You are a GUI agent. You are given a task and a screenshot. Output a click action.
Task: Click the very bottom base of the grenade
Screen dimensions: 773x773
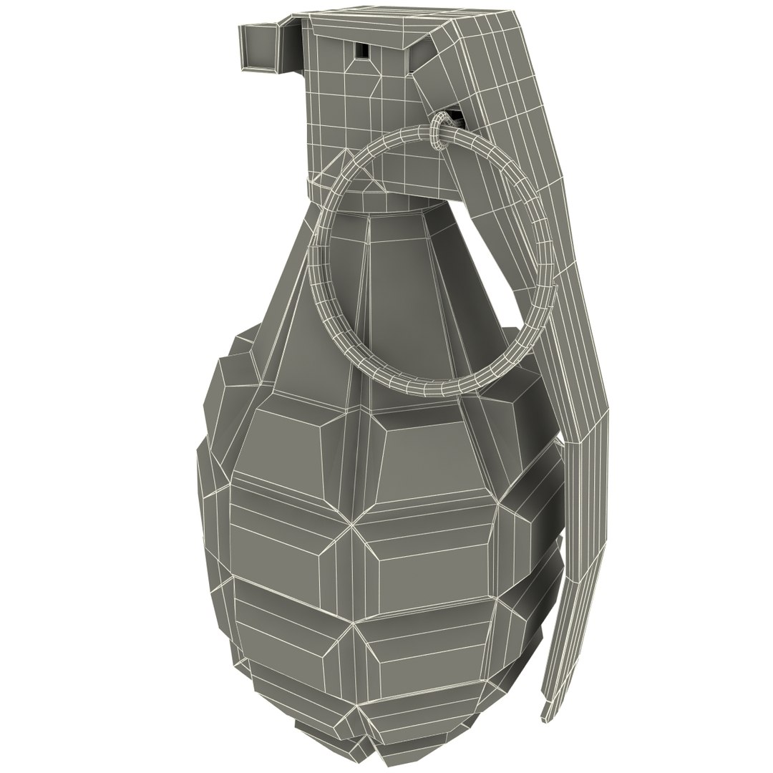click(x=358, y=741)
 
